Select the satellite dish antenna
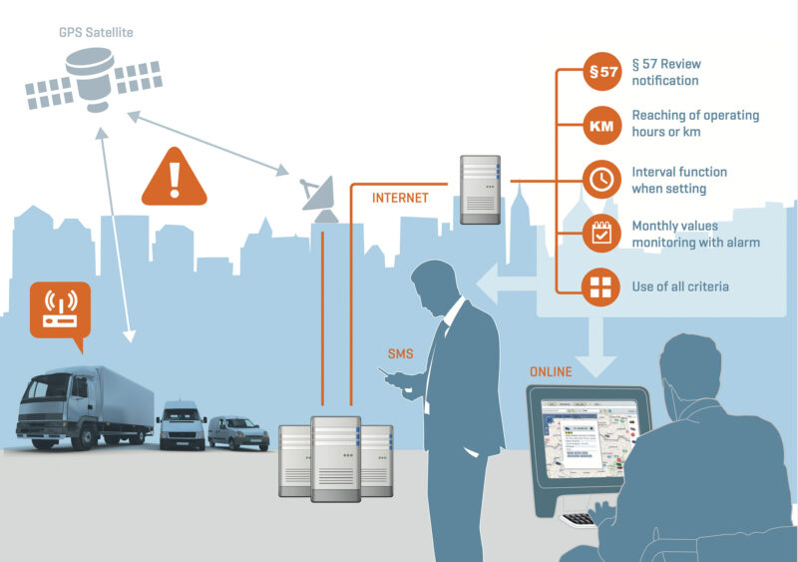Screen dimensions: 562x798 click(x=321, y=194)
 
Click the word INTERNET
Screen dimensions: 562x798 click(x=400, y=198)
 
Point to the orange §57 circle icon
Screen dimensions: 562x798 click(x=601, y=72)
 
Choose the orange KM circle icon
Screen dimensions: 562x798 click(x=601, y=126)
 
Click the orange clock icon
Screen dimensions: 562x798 click(x=601, y=180)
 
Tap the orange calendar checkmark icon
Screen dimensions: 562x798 click(x=601, y=234)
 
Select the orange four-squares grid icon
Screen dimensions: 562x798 click(x=601, y=287)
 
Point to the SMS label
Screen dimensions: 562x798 click(x=401, y=354)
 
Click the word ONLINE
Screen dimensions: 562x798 click(x=551, y=372)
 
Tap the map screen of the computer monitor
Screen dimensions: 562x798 click(x=590, y=438)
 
